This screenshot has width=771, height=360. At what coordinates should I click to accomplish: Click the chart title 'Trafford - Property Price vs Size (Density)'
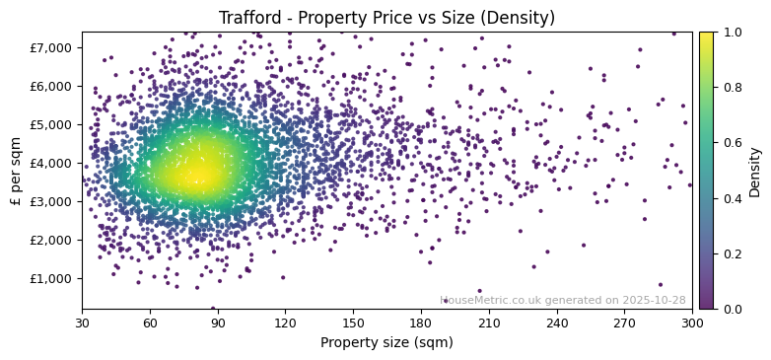click(x=386, y=18)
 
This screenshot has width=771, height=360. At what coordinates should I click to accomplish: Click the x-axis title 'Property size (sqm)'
click(x=386, y=343)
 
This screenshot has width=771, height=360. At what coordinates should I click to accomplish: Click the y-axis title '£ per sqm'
click(x=16, y=171)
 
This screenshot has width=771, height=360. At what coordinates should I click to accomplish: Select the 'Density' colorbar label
click(x=754, y=171)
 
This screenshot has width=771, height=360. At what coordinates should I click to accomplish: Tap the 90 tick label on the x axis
click(x=218, y=323)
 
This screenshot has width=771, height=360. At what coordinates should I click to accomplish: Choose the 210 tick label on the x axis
click(x=489, y=323)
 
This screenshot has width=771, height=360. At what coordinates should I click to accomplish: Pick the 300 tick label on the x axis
click(x=692, y=323)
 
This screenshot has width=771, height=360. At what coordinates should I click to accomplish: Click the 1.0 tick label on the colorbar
click(x=731, y=33)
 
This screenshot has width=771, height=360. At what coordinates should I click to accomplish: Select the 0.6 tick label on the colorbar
click(x=731, y=143)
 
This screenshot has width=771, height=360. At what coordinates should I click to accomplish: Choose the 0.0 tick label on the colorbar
click(x=731, y=309)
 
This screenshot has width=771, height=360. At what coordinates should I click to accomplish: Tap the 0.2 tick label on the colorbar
click(x=731, y=253)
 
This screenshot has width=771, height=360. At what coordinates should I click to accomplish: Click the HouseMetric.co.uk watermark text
click(x=562, y=300)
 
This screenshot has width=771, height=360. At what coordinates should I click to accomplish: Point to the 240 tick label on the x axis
click(x=557, y=323)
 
